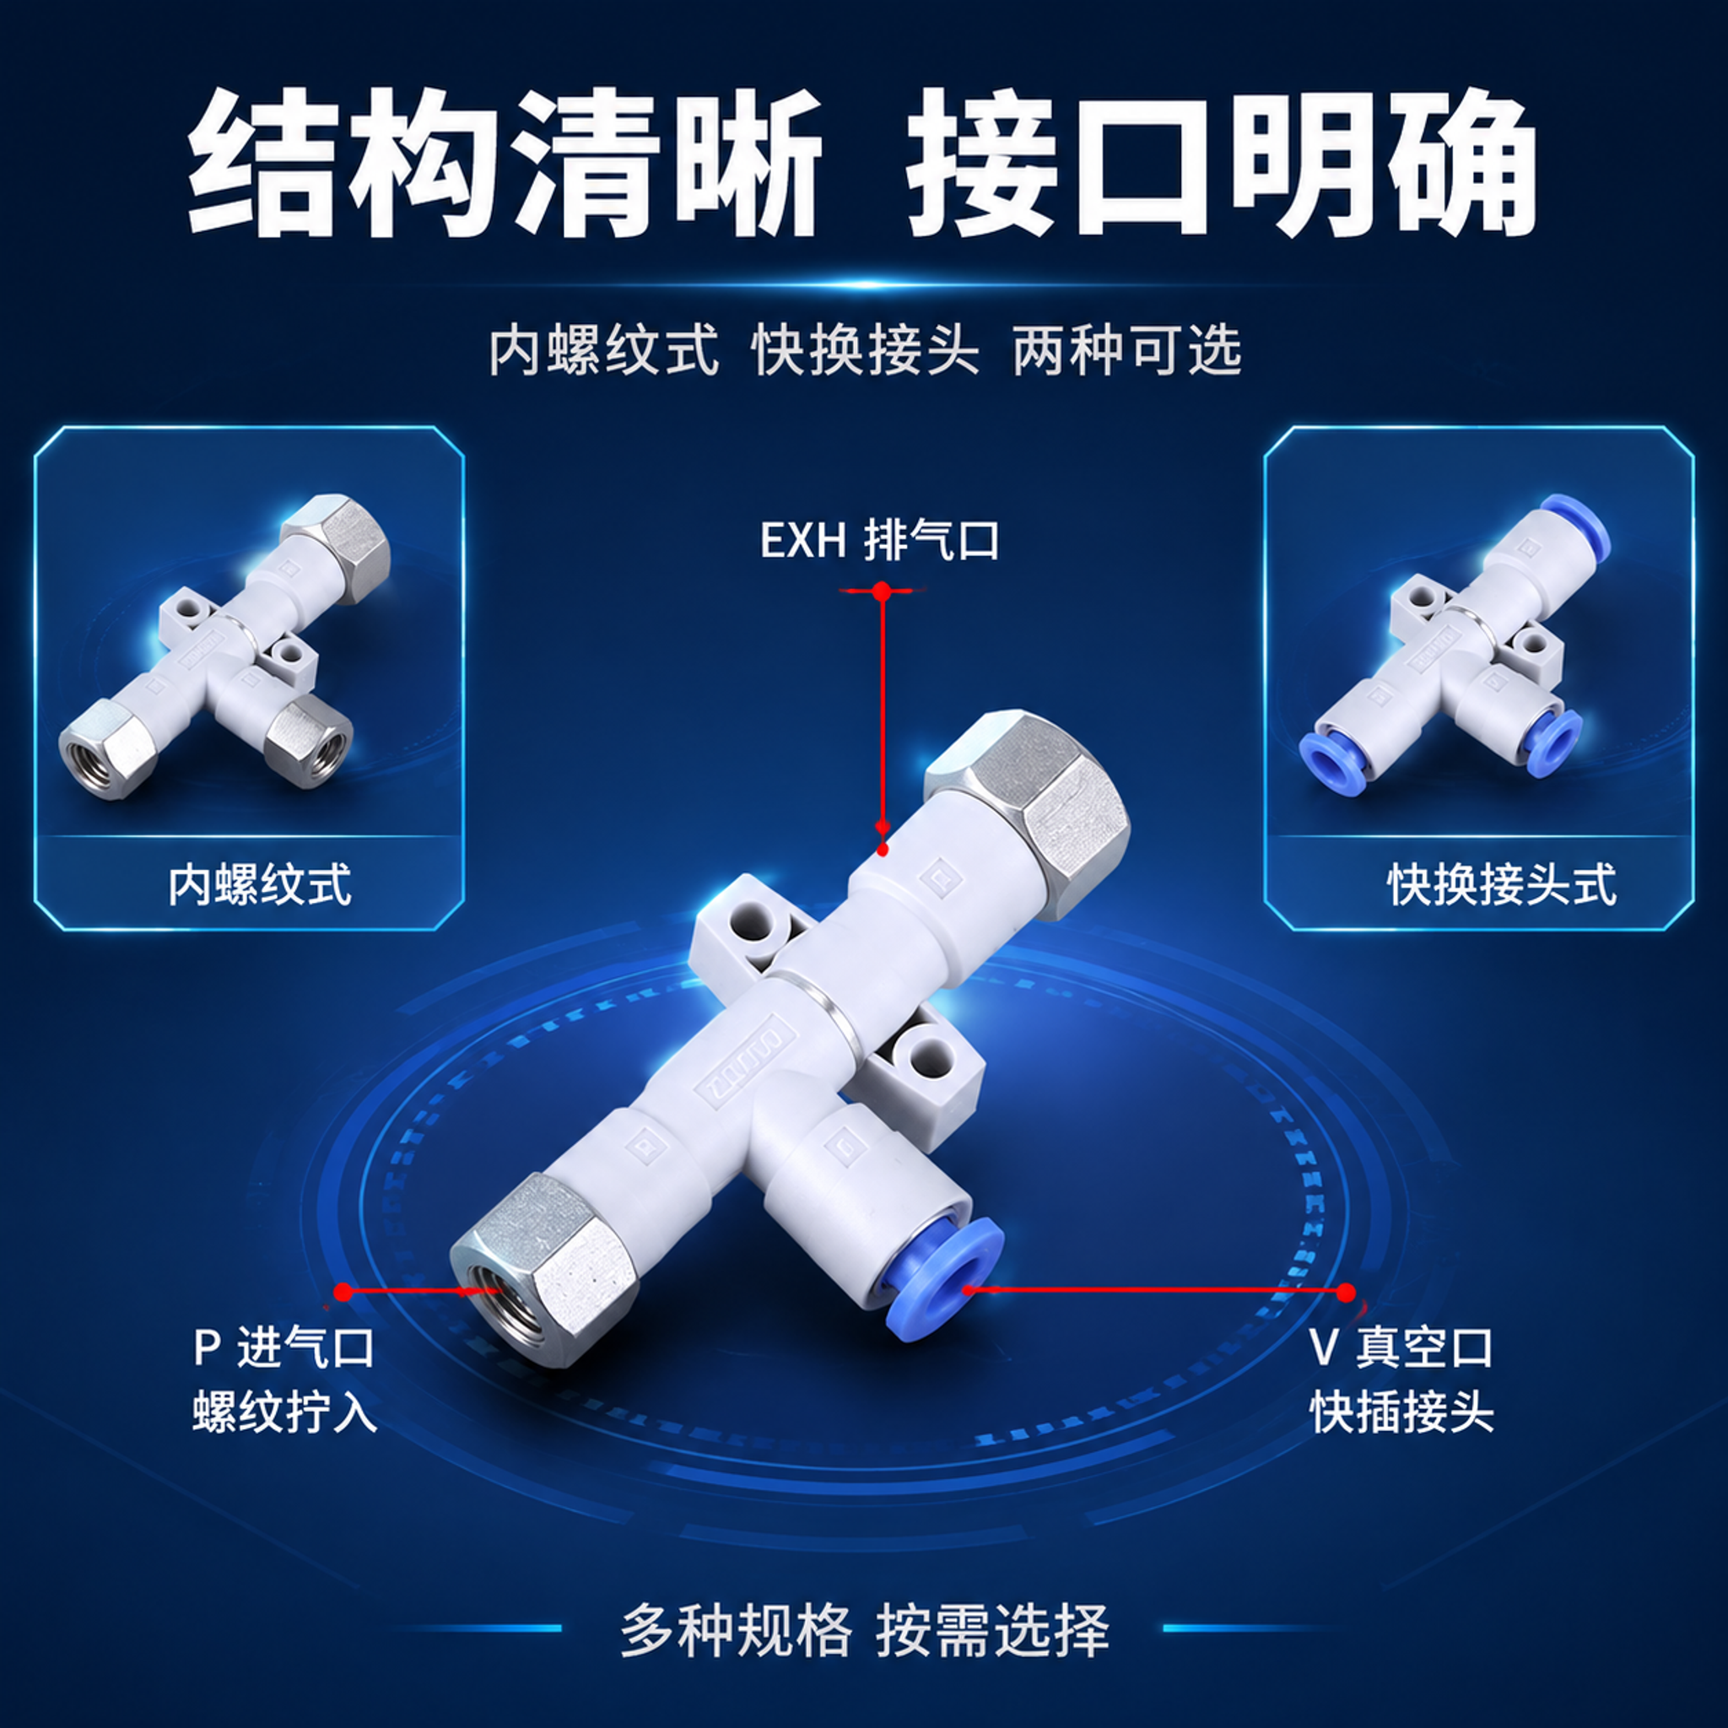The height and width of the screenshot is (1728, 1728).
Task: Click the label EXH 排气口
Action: (x=879, y=540)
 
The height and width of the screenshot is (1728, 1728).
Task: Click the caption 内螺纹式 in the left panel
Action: (x=260, y=884)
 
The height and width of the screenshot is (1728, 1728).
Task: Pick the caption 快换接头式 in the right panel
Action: (x=1502, y=884)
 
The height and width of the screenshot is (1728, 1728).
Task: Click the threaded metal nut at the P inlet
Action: (x=544, y=1269)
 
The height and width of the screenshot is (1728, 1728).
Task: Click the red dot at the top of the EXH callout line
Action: (x=882, y=591)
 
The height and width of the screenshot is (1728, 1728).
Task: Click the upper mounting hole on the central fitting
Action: (x=753, y=927)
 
